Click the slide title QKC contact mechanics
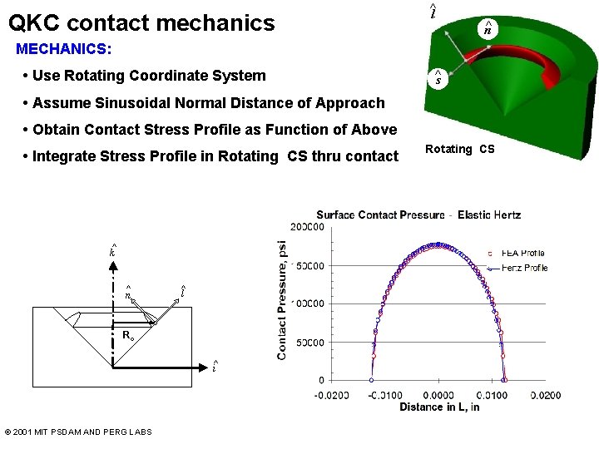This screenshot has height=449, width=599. (x=141, y=22)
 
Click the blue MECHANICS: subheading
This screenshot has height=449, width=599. (x=64, y=48)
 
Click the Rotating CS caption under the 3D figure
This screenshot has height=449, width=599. (x=459, y=150)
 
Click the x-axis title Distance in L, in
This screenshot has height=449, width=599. (x=439, y=407)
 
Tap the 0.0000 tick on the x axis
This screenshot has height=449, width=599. (x=438, y=396)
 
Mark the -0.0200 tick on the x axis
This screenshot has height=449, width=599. (x=331, y=396)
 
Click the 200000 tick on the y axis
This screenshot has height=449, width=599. (x=307, y=227)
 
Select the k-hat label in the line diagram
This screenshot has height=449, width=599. (x=112, y=250)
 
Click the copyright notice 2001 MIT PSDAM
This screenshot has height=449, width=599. (x=78, y=432)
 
